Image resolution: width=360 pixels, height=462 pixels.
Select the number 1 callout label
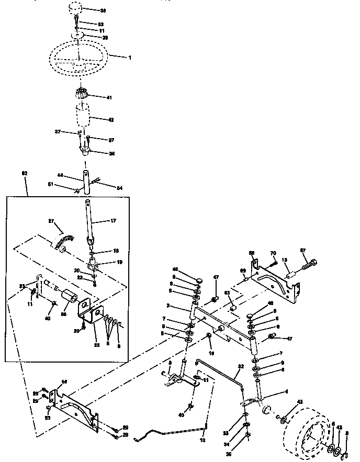pyautogui.click(x=130, y=57)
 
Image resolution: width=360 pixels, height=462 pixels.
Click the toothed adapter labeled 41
pyautogui.click(x=82, y=96)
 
